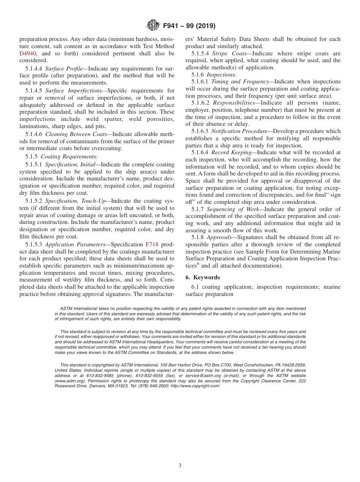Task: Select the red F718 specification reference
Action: click(152, 244)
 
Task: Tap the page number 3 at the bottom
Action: click(180, 466)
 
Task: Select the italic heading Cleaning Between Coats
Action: click(76, 134)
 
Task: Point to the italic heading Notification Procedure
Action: click(239, 131)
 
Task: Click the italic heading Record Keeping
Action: click(231, 152)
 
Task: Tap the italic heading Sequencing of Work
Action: click(232, 209)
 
